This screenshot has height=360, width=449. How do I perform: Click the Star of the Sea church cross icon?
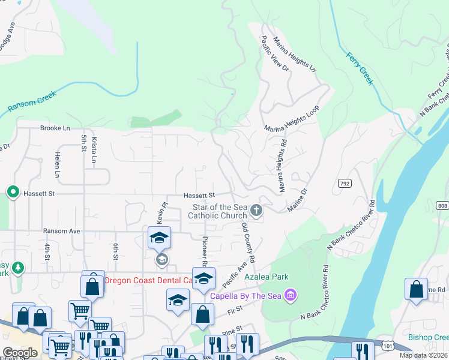coord(256,210)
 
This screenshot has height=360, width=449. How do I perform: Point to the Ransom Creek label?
coord(32,102)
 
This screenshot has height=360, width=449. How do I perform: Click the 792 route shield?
coord(344,183)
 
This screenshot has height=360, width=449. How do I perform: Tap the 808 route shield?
coord(443,206)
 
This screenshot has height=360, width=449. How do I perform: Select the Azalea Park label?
coord(267,277)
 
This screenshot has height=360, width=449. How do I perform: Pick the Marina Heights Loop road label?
coord(291,118)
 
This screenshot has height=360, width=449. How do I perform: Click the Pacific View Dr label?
coord(275,54)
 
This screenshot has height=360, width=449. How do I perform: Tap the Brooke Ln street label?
coord(55,128)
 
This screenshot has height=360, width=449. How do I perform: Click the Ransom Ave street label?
coord(61,231)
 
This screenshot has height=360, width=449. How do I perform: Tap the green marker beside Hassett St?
coord(13,192)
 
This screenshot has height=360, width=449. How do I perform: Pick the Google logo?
coord(20,353)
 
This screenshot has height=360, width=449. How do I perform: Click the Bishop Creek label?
coord(427,337)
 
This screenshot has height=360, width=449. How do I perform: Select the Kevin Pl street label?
coord(161,214)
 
